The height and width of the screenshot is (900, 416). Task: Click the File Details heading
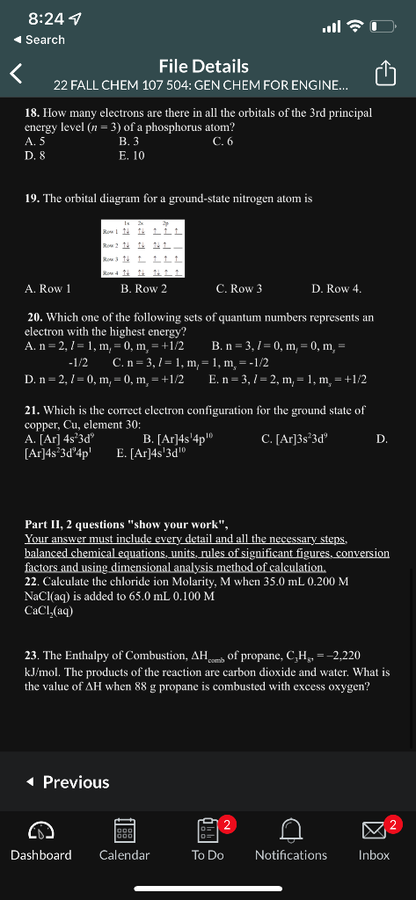click(x=203, y=66)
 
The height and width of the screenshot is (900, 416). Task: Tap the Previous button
click(x=67, y=781)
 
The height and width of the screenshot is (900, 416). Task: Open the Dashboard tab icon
click(x=40, y=831)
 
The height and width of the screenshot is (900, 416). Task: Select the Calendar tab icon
click(x=124, y=831)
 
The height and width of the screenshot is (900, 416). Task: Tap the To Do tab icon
click(x=207, y=831)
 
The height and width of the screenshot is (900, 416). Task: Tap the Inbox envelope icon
click(x=373, y=831)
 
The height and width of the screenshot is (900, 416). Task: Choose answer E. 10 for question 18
click(x=133, y=156)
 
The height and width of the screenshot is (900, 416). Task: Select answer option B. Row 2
click(x=143, y=288)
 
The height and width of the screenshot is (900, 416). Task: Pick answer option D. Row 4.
click(x=336, y=288)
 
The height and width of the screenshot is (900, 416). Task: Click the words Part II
click(x=44, y=525)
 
